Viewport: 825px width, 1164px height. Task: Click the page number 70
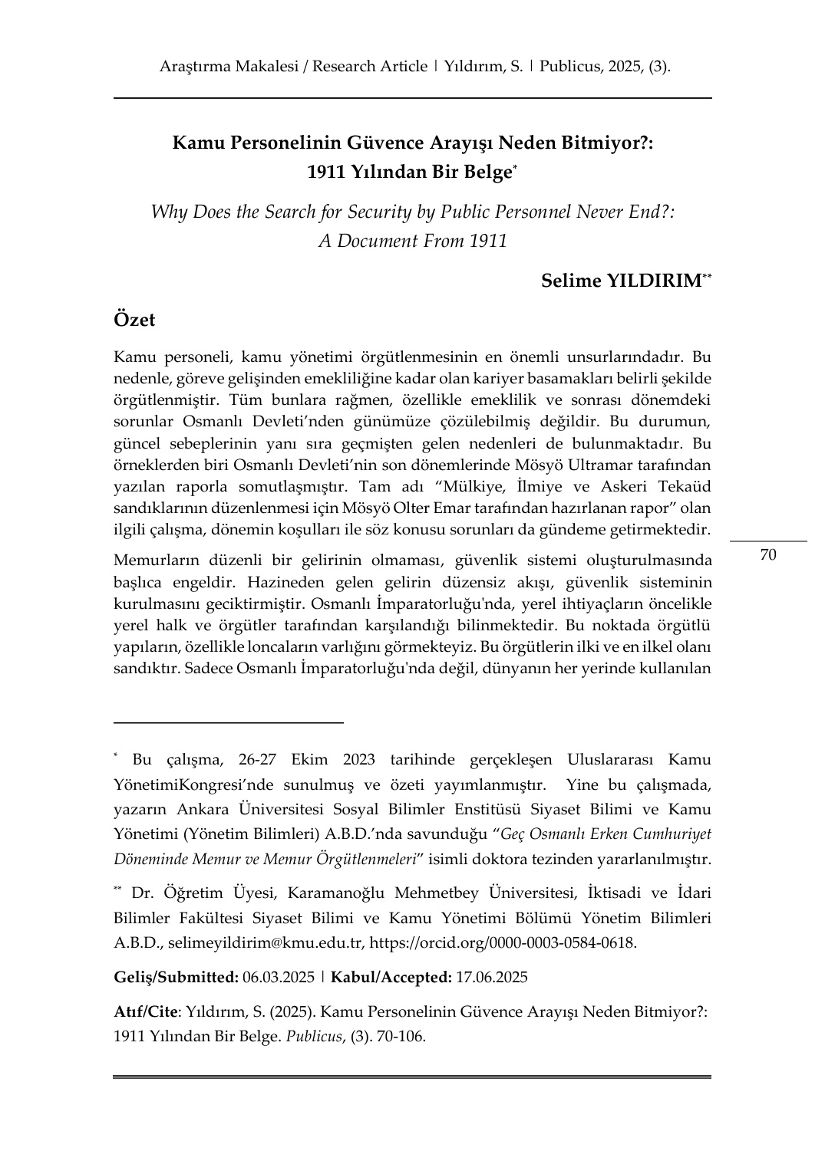pyautogui.click(x=768, y=554)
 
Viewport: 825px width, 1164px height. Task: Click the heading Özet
pyautogui.click(x=134, y=319)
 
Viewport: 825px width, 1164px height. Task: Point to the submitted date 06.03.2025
pyautogui.click(x=279, y=977)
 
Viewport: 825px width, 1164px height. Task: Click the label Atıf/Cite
pyautogui.click(x=145, y=1011)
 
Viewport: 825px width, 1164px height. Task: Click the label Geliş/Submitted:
pyautogui.click(x=176, y=977)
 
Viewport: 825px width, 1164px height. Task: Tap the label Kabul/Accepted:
pyautogui.click(x=391, y=977)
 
